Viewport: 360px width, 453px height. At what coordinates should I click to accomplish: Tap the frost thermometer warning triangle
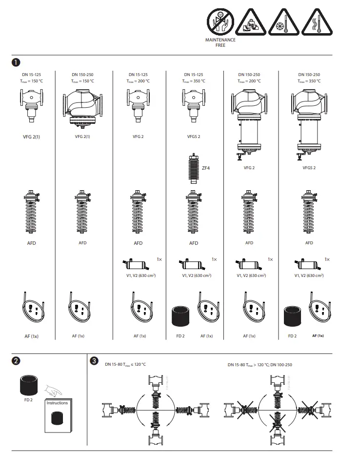coord(283,22)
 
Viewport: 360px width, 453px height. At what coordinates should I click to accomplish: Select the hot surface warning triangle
coord(315,22)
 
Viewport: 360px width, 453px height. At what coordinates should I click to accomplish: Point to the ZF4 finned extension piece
coord(194,167)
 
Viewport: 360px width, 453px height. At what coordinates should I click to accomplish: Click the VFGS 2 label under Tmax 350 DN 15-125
coord(194,137)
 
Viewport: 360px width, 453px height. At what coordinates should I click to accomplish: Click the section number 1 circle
coord(16,62)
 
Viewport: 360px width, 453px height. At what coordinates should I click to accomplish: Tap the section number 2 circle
coord(16,361)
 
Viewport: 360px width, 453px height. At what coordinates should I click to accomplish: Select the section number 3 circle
coord(94,361)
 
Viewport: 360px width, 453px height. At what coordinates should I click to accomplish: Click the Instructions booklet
coord(58,416)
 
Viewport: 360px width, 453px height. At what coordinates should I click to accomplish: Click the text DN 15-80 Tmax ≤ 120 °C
coord(125,365)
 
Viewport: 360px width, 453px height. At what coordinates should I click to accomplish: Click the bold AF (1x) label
coord(318,336)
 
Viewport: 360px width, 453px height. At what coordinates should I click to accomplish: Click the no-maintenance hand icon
coord(220,22)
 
